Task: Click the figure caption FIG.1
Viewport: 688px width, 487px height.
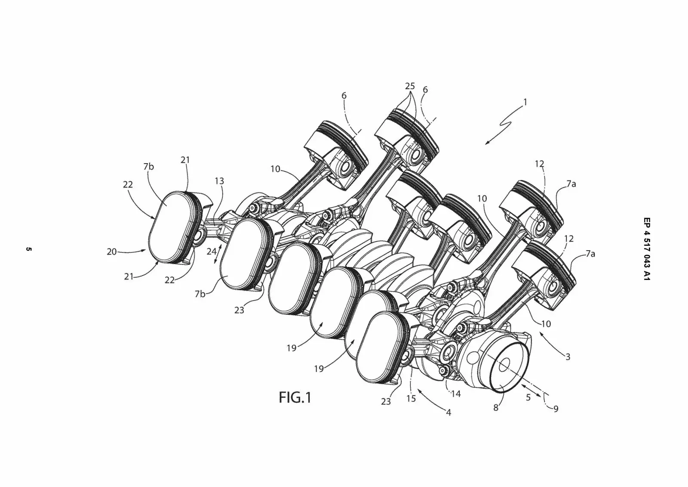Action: [295, 397]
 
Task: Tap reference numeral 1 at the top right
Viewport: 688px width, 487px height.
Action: [525, 102]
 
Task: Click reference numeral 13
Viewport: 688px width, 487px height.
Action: [219, 181]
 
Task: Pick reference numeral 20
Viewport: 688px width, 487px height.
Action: [112, 251]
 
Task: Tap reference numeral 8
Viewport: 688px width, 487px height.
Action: [496, 407]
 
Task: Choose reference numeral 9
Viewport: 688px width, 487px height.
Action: [556, 409]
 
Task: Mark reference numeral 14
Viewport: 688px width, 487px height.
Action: [456, 393]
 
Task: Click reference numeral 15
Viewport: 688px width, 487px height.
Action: [411, 398]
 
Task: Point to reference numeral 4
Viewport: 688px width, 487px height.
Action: [448, 413]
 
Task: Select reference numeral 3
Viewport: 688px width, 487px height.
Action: [568, 357]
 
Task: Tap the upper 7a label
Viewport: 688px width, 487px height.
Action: [571, 184]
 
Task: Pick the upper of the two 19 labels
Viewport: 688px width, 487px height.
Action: [292, 348]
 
